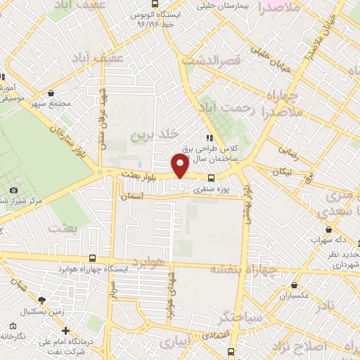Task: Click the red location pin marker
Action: (x=180, y=166)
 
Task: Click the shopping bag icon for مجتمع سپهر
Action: (x=51, y=93)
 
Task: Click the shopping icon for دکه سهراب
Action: (x=328, y=230)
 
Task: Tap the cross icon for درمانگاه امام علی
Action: (x=66, y=330)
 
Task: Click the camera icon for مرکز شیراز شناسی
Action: (x=13, y=191)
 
